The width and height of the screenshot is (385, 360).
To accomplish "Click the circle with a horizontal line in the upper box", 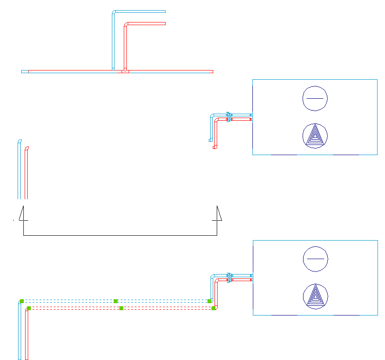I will pyautogui.click(x=315, y=98).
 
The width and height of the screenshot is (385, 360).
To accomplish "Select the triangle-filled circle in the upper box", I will pyautogui.click(x=315, y=136).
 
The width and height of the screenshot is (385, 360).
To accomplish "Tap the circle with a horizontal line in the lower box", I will pyautogui.click(x=315, y=259).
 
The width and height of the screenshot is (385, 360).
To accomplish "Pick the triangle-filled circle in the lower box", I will pyautogui.click(x=315, y=296).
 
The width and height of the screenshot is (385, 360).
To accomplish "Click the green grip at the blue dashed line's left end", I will pyautogui.click(x=22, y=301).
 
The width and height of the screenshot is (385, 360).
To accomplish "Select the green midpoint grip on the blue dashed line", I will pyautogui.click(x=115, y=301).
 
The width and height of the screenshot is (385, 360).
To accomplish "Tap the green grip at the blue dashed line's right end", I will pyautogui.click(x=210, y=301).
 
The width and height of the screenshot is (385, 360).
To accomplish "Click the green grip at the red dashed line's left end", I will pyautogui.click(x=29, y=308).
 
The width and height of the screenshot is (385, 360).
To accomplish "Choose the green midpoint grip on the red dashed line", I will pyautogui.click(x=121, y=308).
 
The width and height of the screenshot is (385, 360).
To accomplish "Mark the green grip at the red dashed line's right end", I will pyautogui.click(x=214, y=308).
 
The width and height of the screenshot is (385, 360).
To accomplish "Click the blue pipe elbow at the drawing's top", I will pyautogui.click(x=114, y=12).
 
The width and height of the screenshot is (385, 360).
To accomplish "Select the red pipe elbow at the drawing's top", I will pyautogui.click(x=126, y=24).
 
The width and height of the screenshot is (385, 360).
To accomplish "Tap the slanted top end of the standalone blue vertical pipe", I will pyautogui.click(x=19, y=141).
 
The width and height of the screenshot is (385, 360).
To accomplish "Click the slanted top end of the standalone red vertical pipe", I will pyautogui.click(x=27, y=148).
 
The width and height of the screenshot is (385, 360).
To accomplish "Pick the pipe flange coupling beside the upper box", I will pyautogui.click(x=229, y=117).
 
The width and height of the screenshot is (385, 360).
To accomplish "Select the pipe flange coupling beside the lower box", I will pyautogui.click(x=229, y=278).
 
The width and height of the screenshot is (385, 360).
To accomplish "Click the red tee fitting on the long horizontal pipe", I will pyautogui.click(x=126, y=71).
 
